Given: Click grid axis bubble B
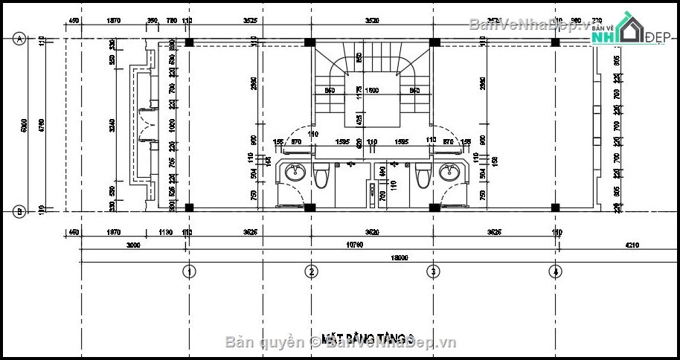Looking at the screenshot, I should pos(19,212).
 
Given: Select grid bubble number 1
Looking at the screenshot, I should pos(189,271).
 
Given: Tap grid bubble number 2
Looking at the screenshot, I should pos(312,271).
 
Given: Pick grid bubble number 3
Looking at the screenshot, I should pos(433,271).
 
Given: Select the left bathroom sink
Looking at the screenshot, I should pos(295,173).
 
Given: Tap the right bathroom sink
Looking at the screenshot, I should pos(449,173).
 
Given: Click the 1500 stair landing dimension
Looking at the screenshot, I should pos(372,91).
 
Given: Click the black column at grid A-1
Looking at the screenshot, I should pos(189,42).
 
